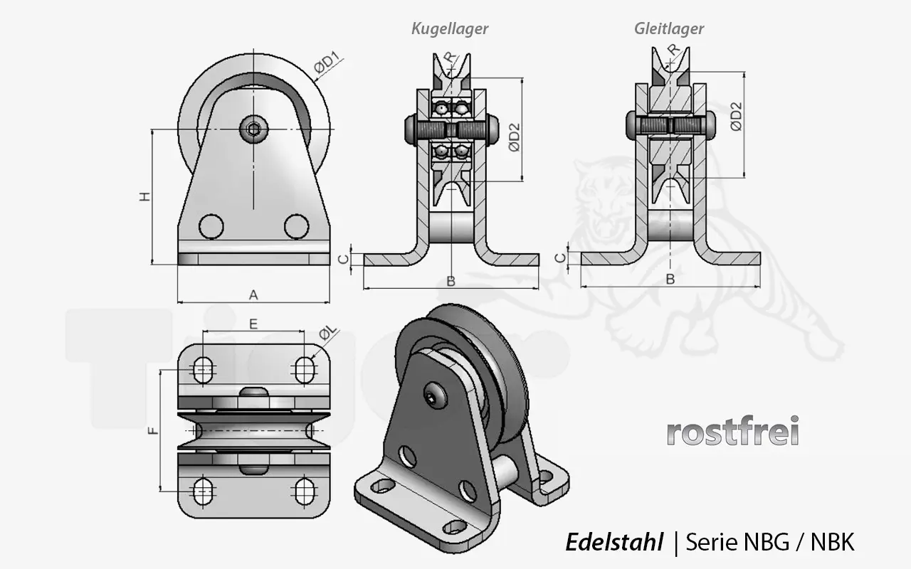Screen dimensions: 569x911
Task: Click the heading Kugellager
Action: point(450,29)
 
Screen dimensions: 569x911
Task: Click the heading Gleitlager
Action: point(669,29)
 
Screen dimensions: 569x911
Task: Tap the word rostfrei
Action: point(732,431)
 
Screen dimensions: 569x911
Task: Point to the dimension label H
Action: point(144,197)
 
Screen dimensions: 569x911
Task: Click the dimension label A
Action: point(253,294)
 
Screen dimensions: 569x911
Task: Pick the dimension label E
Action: point(253,324)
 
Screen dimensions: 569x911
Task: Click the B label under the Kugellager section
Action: point(451,281)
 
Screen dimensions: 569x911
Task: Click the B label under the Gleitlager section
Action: point(670,280)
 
